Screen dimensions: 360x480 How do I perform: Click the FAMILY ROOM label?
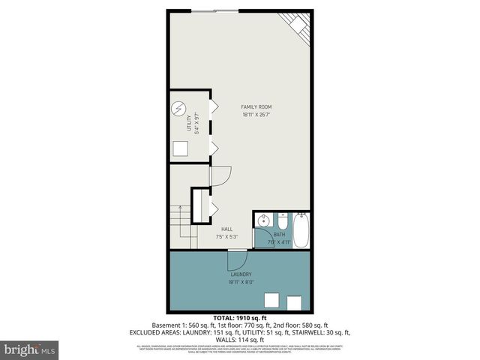[x=256, y=107]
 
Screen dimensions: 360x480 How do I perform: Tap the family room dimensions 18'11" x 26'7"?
[x=256, y=115]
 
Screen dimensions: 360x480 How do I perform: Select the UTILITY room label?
[x=189, y=124]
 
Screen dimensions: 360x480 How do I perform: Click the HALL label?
[x=226, y=229]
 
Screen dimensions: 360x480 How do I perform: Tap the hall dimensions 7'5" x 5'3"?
[x=226, y=238]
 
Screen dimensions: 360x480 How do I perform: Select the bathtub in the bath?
[x=301, y=231]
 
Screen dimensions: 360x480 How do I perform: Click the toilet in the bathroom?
[x=281, y=222]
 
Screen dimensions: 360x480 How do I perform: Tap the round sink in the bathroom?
[x=262, y=220]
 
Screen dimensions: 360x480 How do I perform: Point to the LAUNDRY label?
[x=240, y=274]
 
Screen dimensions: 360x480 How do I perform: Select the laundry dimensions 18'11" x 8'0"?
[x=240, y=283]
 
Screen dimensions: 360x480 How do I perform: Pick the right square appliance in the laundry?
[x=294, y=303]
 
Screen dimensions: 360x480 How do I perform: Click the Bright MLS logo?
[x=30, y=349]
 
